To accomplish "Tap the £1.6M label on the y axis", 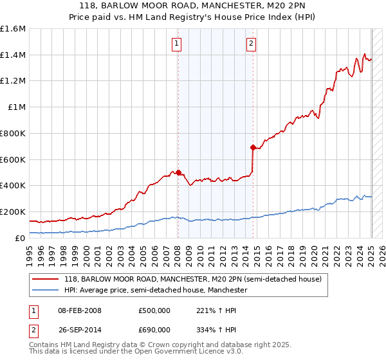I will (x=13, y=29).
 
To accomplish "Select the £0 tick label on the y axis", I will (x=21, y=238).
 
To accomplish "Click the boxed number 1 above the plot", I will (x=176, y=44).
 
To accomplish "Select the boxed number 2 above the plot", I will (x=251, y=44).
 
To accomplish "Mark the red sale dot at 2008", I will (x=178, y=172).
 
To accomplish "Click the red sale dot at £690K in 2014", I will (x=253, y=147).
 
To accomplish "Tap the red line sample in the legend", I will (x=46, y=279).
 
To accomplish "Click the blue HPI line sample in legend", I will (x=46, y=290).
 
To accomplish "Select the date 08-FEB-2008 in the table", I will (x=80, y=310).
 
